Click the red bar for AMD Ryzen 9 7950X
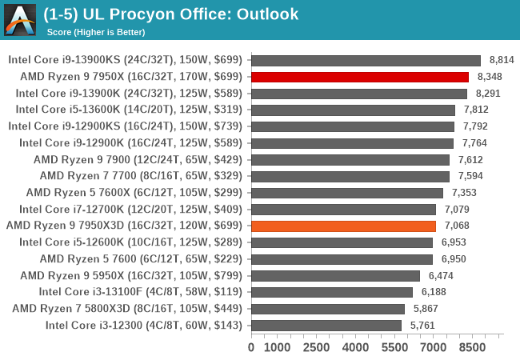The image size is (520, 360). [360, 77]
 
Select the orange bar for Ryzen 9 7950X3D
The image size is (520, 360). [343, 226]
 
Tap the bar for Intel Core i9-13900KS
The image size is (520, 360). [366, 60]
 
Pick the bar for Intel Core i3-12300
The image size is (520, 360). [326, 325]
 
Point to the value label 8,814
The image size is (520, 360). [502, 60]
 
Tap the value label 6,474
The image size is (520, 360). [442, 275]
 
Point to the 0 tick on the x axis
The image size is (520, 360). [251, 347]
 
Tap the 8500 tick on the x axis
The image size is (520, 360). [472, 347]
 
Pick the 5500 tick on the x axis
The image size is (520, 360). [394, 347]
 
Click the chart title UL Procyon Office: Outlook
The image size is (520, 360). [171, 14]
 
